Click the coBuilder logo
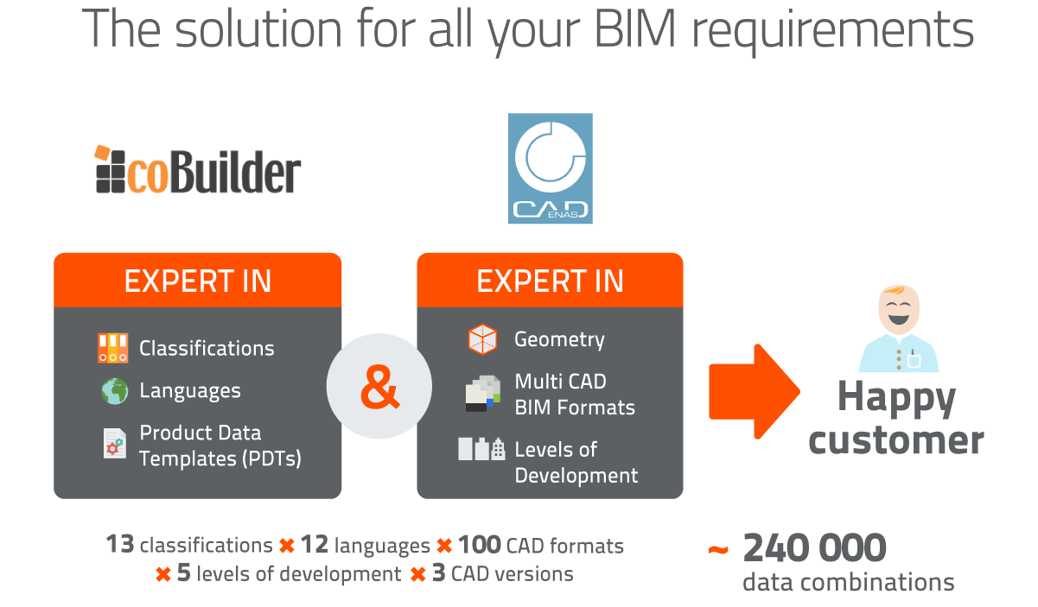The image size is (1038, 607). coord(198,170)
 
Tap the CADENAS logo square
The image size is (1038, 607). coord(551,169)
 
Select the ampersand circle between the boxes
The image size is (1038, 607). coord(379,385)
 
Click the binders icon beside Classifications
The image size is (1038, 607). coord(113,348)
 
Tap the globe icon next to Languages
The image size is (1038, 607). coord(113,391)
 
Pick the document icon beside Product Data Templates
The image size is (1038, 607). coord(113,443)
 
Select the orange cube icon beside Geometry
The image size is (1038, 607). coord(482,339)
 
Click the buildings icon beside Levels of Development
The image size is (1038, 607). coord(481,449)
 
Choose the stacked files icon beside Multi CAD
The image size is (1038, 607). coord(482,393)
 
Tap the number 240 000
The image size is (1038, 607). coord(814,548)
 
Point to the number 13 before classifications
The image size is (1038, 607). coord(119,545)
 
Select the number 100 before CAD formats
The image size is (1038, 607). coord(479,545)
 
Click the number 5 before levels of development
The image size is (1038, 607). coord(183,573)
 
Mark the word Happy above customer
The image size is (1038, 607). coord(896,398)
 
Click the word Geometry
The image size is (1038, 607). coord(559,339)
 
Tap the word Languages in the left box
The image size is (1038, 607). coord(190,391)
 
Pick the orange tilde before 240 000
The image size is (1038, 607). coord(717,550)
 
